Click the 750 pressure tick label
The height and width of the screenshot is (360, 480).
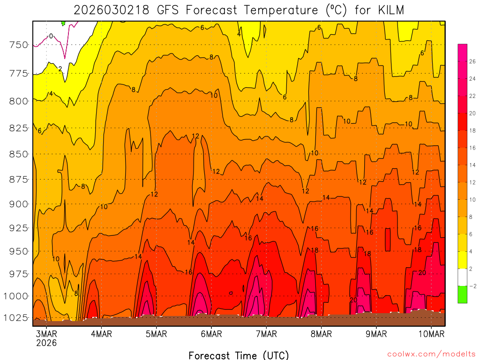(19, 45)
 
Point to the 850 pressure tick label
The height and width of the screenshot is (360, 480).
(19, 154)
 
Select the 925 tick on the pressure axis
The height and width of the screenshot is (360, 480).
(19, 228)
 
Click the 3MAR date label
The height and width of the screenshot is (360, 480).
(46, 334)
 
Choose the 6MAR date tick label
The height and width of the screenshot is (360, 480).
(211, 334)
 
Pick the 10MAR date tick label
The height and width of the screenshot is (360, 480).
(432, 334)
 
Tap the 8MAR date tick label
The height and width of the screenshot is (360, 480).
(322, 334)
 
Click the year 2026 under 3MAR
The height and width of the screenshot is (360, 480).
(46, 343)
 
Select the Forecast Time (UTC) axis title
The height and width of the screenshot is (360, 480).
(239, 355)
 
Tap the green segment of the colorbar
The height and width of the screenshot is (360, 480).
(462, 294)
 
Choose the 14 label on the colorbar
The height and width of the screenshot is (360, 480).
(472, 165)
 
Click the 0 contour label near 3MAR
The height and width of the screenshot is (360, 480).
(51, 36)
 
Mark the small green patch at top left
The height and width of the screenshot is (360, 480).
(63, 22)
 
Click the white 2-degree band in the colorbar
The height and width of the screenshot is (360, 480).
(462, 277)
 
